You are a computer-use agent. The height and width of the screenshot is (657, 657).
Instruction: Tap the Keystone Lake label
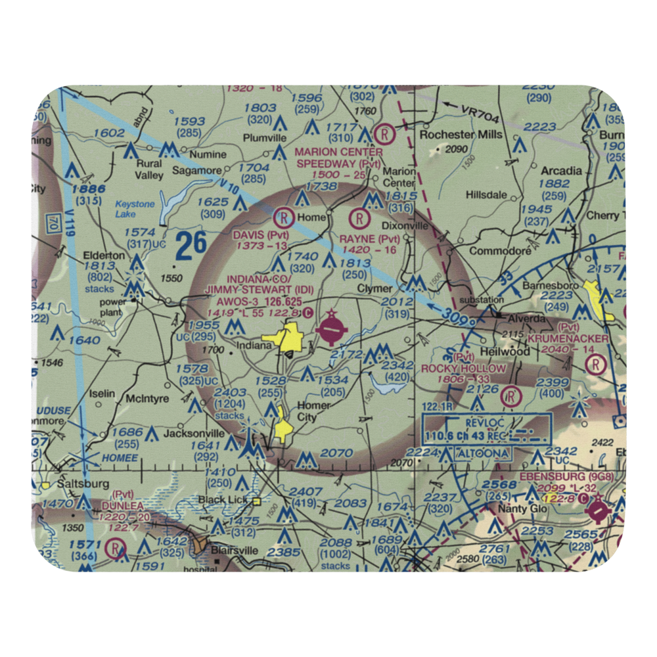click(135, 209)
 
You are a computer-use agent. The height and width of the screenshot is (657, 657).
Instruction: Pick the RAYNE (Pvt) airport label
click(369, 238)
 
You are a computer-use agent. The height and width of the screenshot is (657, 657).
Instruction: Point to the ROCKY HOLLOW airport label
click(464, 369)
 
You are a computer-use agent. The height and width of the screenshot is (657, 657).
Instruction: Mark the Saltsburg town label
click(82, 483)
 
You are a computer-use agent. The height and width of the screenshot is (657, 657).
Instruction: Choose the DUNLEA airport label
click(122, 507)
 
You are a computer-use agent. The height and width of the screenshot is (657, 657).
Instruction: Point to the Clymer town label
click(374, 288)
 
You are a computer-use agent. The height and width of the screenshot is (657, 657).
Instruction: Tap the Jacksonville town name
click(194, 434)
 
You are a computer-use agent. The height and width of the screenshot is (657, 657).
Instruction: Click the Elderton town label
click(104, 255)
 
